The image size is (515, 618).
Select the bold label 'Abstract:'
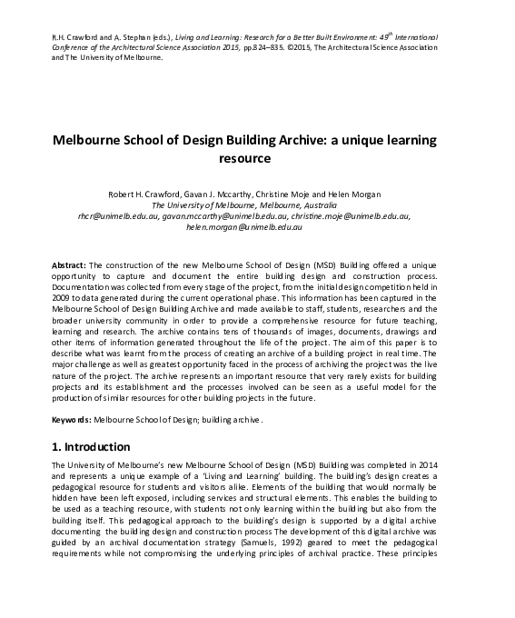click(x=70, y=262)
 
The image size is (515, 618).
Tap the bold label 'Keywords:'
click(x=72, y=420)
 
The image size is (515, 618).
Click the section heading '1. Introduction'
click(x=91, y=447)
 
